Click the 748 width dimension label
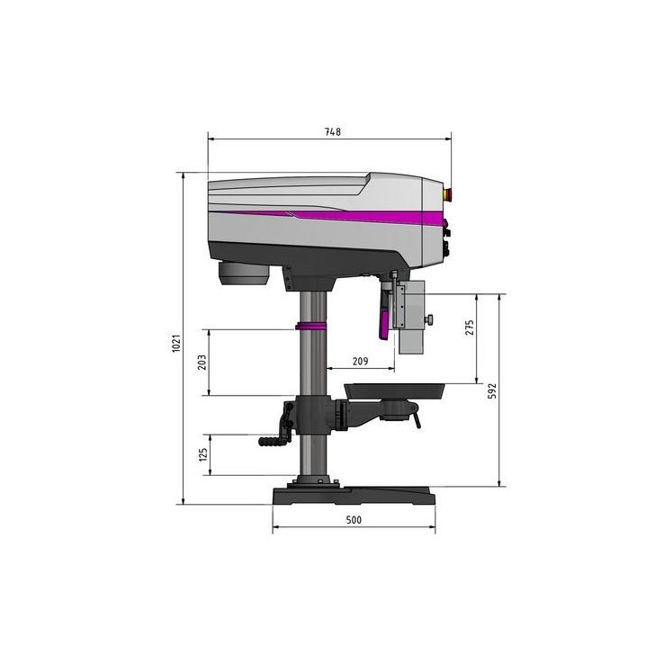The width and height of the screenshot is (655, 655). pos(332,131)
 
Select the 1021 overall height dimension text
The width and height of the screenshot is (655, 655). pos(178,343)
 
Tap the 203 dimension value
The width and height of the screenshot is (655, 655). pos(202,362)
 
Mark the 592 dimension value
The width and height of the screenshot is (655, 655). pos(493,390)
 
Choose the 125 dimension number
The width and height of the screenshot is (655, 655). pos(202,455)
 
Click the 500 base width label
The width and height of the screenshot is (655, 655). pos(353,521)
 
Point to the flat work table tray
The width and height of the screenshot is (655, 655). pos(396,389)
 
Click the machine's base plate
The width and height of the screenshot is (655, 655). pos(354,496)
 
